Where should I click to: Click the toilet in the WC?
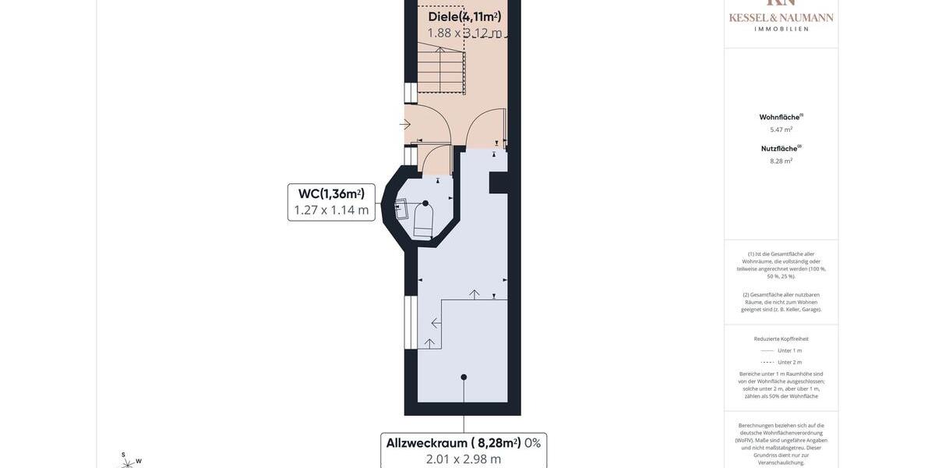click(423, 220)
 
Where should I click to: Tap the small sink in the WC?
click(401, 209)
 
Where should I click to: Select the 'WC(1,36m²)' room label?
click(331, 193)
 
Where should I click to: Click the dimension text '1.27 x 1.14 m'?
click(331, 210)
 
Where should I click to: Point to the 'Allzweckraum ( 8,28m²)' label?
click(453, 443)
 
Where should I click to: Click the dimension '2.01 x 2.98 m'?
click(464, 459)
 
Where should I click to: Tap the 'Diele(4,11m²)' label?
click(464, 16)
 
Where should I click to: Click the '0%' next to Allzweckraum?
click(532, 443)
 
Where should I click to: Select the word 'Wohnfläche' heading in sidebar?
click(779, 117)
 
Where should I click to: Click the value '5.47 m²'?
click(782, 129)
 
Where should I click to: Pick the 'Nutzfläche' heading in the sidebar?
click(779, 148)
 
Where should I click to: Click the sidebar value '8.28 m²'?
click(782, 161)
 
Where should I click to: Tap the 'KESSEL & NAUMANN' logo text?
click(782, 17)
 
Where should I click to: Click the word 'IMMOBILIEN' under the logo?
click(782, 29)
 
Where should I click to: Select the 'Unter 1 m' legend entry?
click(789, 350)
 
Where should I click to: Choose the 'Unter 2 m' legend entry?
click(789, 362)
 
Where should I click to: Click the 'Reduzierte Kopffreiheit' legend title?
click(782, 339)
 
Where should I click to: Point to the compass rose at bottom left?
click(127, 461)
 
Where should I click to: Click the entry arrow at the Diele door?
click(405, 124)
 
